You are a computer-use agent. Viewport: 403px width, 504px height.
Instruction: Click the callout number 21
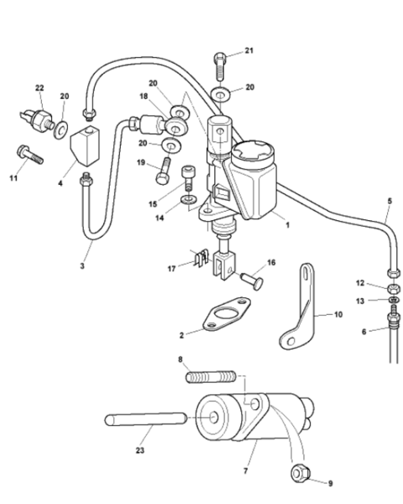(249, 50)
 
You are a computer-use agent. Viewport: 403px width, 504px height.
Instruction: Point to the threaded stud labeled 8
(211, 376)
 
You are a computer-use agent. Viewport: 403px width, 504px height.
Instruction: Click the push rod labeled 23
(145, 419)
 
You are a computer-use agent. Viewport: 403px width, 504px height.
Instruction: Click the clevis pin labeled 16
(252, 281)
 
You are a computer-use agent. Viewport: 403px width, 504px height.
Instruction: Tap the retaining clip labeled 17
(200, 259)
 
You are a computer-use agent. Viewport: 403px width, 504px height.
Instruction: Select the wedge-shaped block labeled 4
(85, 146)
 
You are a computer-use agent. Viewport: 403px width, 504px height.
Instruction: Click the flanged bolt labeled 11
(29, 155)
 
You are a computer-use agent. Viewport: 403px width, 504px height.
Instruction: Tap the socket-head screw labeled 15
(189, 177)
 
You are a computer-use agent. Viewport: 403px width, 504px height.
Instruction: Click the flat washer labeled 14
(189, 200)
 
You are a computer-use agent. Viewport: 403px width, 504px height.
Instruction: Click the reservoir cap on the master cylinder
(253, 154)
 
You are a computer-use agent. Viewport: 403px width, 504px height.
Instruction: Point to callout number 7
(246, 471)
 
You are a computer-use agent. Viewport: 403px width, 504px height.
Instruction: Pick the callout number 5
(390, 202)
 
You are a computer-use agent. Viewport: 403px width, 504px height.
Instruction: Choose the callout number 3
(82, 265)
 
